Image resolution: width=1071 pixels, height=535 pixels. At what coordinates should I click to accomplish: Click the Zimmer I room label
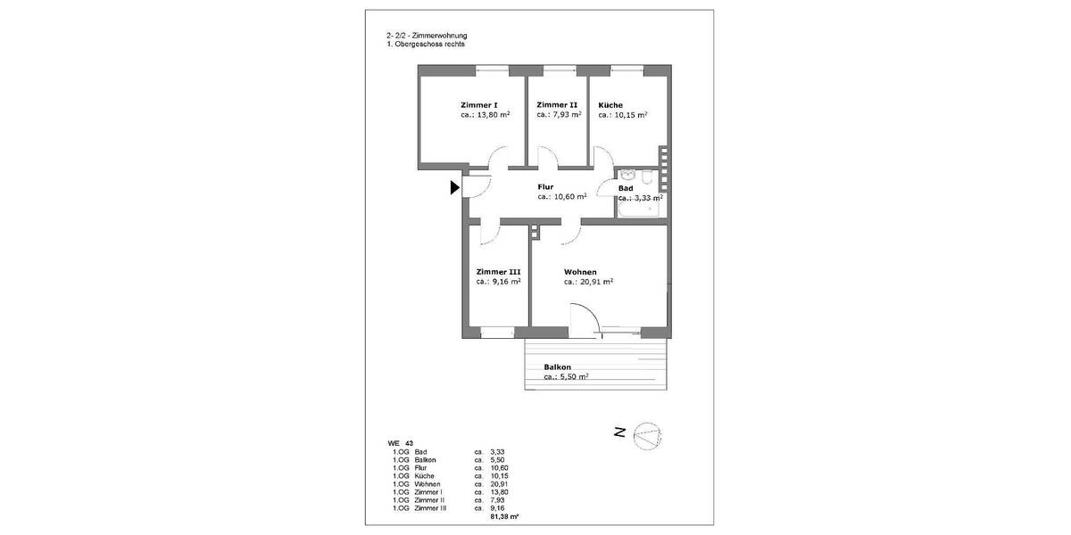[479, 105]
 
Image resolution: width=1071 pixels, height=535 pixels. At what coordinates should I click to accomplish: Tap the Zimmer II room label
[557, 105]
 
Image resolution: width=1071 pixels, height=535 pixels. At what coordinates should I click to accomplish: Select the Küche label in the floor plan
[610, 105]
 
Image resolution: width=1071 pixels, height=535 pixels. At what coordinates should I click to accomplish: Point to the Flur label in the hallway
[545, 187]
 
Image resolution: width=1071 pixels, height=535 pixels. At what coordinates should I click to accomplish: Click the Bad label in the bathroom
[626, 188]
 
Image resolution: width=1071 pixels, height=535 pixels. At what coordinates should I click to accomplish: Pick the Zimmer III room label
[498, 272]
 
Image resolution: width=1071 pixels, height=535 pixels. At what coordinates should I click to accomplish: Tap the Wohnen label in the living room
[580, 272]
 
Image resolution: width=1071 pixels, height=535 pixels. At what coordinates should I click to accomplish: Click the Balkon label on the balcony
[558, 367]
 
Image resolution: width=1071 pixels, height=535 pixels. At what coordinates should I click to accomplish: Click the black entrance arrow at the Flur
[454, 187]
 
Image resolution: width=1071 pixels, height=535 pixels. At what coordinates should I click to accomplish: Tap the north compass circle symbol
[649, 434]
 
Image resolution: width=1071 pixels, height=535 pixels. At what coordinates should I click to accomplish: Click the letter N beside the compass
[619, 433]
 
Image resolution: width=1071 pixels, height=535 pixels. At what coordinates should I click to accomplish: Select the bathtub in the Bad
[640, 209]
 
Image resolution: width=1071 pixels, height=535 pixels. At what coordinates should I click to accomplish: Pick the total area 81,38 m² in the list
[505, 515]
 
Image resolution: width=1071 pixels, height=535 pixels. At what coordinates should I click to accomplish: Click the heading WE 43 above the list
[400, 443]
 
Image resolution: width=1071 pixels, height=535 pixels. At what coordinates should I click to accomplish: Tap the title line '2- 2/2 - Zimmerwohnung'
[420, 36]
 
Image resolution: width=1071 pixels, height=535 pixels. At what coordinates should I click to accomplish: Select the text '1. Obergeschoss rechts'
[419, 44]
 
